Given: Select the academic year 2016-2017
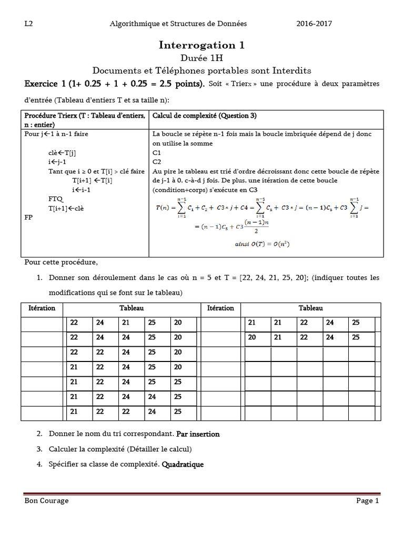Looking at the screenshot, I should [x=314, y=24].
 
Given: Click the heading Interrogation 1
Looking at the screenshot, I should [x=201, y=45].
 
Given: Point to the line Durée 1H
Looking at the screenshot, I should [x=201, y=58].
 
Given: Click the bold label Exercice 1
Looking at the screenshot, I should [x=47, y=84].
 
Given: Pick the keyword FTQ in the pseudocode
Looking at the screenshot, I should [x=55, y=199].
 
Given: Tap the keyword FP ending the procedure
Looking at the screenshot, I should [x=29, y=216].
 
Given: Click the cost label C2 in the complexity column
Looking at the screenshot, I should [x=157, y=162].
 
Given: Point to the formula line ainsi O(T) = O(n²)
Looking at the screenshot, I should [x=263, y=244].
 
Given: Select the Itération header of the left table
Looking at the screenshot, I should [x=42, y=308].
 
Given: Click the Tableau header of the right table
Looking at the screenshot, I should [x=311, y=308].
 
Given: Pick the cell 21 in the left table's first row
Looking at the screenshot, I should [x=126, y=323].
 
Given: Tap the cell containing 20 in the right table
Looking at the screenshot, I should [x=252, y=337].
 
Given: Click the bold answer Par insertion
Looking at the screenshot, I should [x=198, y=434].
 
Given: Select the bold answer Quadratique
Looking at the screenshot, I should [x=183, y=464].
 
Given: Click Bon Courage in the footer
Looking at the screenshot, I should [x=47, y=501].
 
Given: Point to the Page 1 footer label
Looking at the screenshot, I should [x=367, y=501].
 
